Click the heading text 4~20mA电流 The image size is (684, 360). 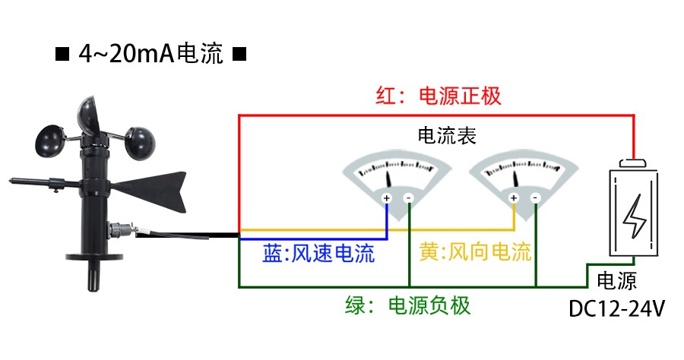click(x=150, y=55)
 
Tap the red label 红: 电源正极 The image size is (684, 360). click(x=439, y=96)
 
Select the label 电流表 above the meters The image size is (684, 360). click(x=447, y=136)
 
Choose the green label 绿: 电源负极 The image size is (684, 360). click(x=408, y=306)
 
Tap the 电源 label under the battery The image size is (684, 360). click(x=617, y=280)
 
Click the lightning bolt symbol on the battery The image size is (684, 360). click(x=632, y=217)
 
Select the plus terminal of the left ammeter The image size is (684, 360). click(x=386, y=199)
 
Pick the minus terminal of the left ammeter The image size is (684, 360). click(x=408, y=199)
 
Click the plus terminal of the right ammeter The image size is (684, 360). click(x=514, y=199)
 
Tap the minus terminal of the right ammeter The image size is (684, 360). click(x=536, y=199)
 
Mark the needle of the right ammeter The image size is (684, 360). click(x=518, y=178)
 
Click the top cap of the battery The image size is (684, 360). click(x=632, y=163)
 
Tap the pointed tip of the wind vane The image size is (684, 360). click(x=13, y=181)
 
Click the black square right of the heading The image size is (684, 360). click(x=238, y=55)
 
